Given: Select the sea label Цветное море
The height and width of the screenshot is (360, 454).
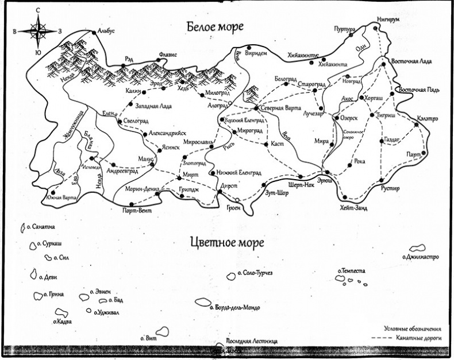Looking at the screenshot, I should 226,242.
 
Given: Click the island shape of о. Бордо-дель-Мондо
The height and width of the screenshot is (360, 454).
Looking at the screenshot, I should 203,302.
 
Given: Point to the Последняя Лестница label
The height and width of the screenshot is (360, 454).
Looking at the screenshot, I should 252,341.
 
